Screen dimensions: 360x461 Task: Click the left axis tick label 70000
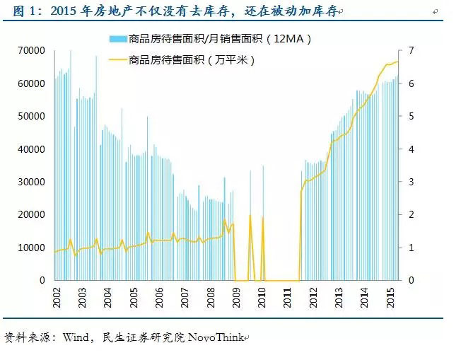point(33,51)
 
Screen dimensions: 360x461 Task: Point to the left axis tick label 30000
point(33,182)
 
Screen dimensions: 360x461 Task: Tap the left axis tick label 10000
point(33,248)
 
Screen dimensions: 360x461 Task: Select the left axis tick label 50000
point(33,116)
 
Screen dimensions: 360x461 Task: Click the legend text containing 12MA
point(218,40)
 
